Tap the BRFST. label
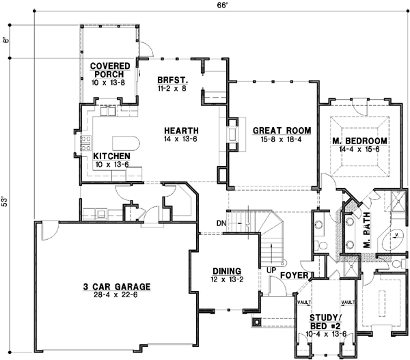172,79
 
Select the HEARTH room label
180,130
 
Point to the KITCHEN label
112,156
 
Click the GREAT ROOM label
282,130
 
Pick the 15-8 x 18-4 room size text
282,139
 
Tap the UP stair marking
272,270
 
